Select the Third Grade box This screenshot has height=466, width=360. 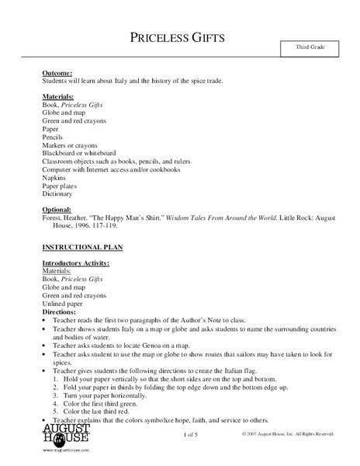click(x=310, y=48)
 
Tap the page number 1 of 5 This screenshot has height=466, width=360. click(x=192, y=433)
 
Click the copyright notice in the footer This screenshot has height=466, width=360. click(x=288, y=433)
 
